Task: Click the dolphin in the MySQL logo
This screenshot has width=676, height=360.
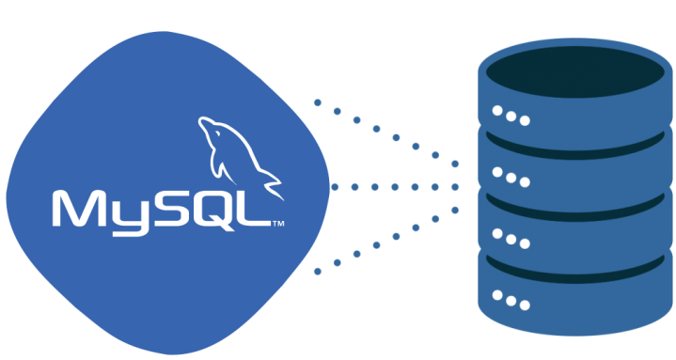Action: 236,156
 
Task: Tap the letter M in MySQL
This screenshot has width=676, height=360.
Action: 79,209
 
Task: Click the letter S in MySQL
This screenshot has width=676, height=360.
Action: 169,209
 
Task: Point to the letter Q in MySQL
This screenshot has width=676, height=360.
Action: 215,210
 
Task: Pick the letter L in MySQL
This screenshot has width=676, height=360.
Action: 255,209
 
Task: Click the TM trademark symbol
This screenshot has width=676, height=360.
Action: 278,224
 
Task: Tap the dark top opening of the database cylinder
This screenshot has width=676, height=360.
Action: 575,71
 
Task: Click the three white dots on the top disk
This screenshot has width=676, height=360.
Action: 511,116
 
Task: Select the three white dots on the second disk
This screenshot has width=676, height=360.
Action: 511,178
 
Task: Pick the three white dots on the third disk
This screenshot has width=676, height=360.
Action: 511,239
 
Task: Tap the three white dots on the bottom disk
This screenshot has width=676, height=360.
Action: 511,300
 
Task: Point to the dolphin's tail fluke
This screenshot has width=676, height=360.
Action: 273,186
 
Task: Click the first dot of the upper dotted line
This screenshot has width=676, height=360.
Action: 318,102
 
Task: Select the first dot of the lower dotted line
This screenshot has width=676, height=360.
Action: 318,272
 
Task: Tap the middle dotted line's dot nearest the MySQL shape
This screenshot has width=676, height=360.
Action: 335,187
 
